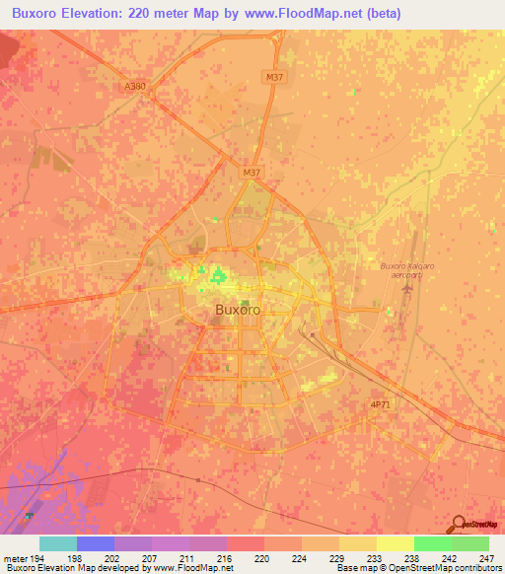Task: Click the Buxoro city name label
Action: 238,310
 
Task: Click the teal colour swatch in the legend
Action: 58,543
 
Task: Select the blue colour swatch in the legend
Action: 96,543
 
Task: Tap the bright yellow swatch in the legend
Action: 395,543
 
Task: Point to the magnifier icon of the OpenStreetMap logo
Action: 458,525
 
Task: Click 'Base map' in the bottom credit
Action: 353,568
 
